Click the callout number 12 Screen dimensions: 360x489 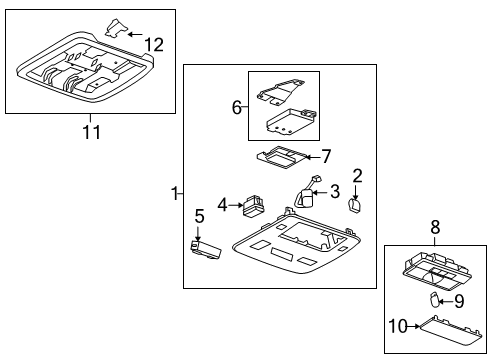(x=152, y=44)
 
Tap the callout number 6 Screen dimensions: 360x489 (x=237, y=106)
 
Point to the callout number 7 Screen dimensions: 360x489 (x=325, y=156)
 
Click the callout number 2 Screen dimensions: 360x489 (x=357, y=176)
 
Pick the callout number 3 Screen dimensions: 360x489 (x=335, y=191)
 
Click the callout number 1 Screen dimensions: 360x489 (x=177, y=191)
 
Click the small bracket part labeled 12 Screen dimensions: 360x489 (x=118, y=29)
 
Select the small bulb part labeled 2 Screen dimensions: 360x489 (x=353, y=204)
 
